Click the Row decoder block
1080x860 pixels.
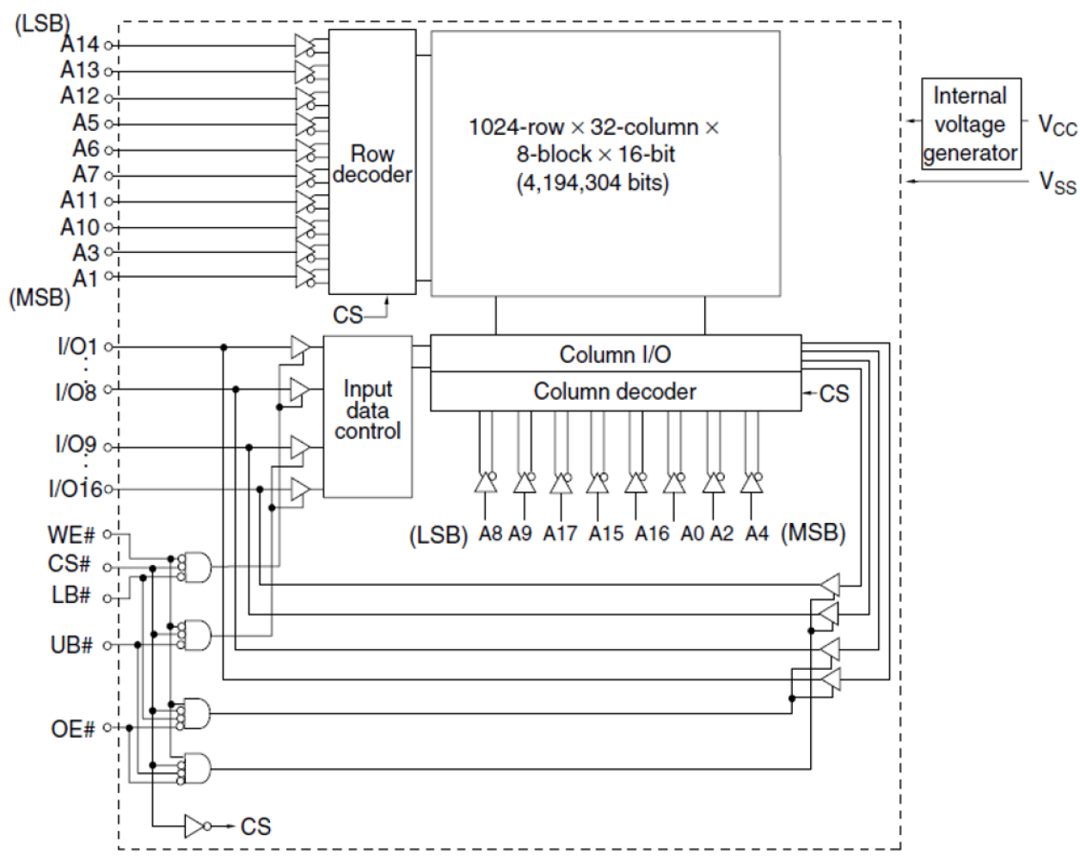[x=371, y=163]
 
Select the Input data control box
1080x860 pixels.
[x=367, y=415]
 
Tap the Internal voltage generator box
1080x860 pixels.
[x=969, y=124]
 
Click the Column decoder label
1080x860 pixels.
[x=614, y=391]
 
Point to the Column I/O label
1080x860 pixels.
[x=614, y=354]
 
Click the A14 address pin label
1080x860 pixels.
[x=80, y=45]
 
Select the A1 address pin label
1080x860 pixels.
[x=84, y=277]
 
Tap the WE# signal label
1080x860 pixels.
[x=71, y=536]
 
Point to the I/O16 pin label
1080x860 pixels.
[x=75, y=490]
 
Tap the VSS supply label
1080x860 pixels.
[x=1057, y=182]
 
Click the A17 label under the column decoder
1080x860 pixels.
[x=560, y=534]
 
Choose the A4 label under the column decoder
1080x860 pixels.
[x=756, y=534]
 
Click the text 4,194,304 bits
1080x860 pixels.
[x=592, y=183]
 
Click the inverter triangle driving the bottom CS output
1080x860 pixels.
[x=196, y=826]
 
